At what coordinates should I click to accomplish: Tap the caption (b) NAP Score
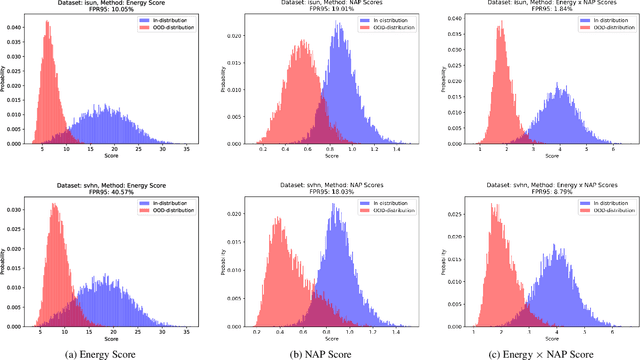(324, 350)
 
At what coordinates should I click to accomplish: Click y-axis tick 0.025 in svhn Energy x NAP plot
(442, 214)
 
